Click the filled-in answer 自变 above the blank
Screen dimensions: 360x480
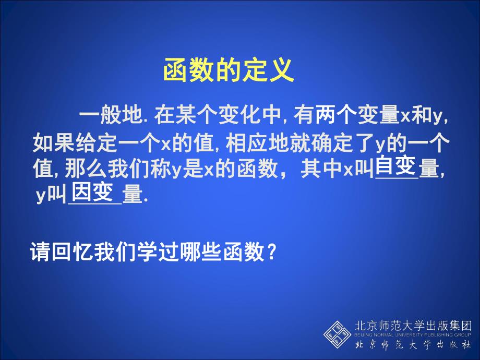coord(395,166)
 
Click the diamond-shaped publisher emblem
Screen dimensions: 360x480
coord(337,334)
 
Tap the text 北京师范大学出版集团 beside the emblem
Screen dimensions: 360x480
coord(413,325)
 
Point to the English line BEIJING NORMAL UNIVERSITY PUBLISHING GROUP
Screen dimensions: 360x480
coord(413,334)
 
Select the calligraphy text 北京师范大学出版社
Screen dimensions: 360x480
coord(413,345)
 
